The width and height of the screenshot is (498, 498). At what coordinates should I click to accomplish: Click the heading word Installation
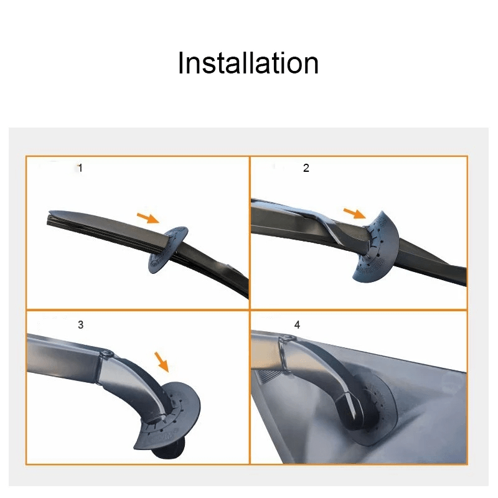[248, 63]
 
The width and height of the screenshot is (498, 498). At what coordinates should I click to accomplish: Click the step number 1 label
[80, 169]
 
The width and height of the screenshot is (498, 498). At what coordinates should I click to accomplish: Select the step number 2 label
[306, 169]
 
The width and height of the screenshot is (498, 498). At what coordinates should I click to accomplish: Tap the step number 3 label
[80, 325]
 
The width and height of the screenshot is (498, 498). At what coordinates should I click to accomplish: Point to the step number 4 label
[297, 326]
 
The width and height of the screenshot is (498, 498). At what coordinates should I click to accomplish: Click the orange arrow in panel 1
[148, 217]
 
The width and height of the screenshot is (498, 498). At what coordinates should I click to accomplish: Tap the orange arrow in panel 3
[161, 360]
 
